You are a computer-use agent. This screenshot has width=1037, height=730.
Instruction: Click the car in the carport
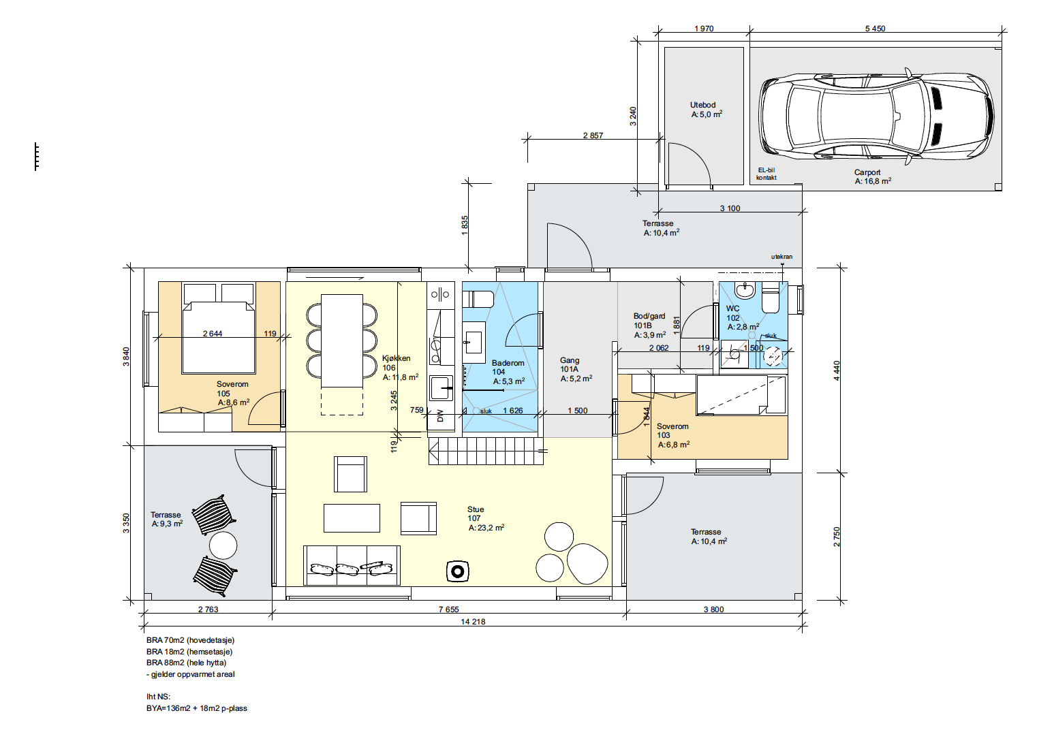point(876,117)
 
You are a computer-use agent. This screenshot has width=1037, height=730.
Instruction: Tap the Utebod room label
point(702,105)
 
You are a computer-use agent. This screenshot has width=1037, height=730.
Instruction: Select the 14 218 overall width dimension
point(473,622)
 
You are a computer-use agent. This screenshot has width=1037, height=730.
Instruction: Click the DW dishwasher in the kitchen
point(440,416)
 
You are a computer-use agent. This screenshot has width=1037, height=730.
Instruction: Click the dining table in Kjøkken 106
point(342,340)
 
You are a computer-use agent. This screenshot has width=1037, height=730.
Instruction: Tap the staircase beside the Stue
point(486,451)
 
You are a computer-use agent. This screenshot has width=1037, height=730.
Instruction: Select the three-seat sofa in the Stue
point(352,565)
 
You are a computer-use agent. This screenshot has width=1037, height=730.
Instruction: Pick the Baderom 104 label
point(508,367)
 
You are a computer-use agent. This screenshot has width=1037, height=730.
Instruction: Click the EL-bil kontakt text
point(767,174)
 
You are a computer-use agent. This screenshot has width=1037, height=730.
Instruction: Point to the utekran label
point(781,257)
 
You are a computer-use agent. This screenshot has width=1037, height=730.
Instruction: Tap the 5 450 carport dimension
point(875,29)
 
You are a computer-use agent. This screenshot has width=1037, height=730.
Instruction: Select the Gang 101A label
point(570,364)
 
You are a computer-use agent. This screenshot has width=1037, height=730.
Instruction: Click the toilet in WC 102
point(770,301)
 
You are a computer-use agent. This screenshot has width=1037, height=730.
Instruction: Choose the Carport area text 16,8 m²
point(873,181)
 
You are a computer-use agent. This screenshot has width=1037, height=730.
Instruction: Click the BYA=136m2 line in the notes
point(197,708)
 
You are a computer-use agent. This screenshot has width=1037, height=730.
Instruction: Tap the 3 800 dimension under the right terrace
point(713,609)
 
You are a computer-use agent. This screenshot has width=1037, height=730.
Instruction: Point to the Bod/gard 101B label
point(649,321)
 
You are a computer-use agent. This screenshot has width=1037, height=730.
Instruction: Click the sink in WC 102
point(745,291)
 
